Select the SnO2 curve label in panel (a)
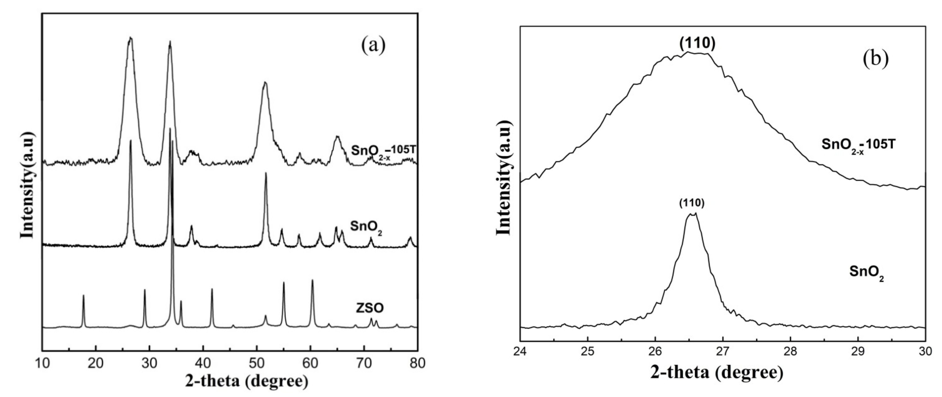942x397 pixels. pos(366,227)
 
